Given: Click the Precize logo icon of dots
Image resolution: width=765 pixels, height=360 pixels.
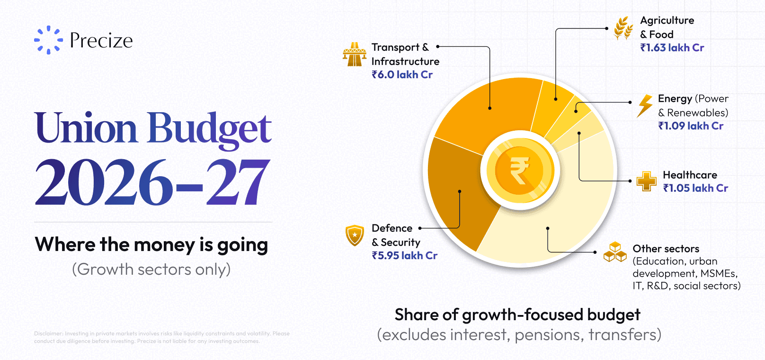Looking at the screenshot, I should coord(48,40).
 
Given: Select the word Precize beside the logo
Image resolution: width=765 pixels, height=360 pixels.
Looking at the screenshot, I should coord(101,40).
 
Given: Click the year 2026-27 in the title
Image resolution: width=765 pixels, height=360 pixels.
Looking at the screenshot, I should coord(152,182).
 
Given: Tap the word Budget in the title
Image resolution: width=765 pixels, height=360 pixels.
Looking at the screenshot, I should coord(209,128).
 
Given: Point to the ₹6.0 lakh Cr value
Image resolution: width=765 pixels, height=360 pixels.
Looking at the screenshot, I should coord(402,75).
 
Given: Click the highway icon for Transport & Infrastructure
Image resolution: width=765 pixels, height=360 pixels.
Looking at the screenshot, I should coord(355,54).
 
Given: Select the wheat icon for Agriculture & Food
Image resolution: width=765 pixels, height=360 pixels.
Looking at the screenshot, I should coord(623,28).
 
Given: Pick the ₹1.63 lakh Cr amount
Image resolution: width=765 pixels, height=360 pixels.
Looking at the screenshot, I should coord(672,48).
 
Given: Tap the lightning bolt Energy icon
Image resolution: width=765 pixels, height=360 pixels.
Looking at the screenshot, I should coord(645,106).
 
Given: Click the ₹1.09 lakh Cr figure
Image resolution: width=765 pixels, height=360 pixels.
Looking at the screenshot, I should coord(691,126).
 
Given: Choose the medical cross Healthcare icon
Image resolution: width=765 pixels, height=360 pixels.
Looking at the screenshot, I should coord(646,181).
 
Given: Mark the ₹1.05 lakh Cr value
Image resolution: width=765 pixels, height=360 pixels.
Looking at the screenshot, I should coord(695,189).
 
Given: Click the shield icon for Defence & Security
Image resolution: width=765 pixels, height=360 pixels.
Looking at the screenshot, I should coord(355,235).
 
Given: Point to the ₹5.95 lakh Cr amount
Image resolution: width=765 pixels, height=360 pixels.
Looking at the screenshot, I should coord(404,256).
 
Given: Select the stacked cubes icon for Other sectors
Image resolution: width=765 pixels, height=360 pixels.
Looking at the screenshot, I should coord(615,252).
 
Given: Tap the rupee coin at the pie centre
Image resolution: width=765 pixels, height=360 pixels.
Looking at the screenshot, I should coord(520,170).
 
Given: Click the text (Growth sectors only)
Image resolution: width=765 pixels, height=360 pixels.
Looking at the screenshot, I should coord(151,269).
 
